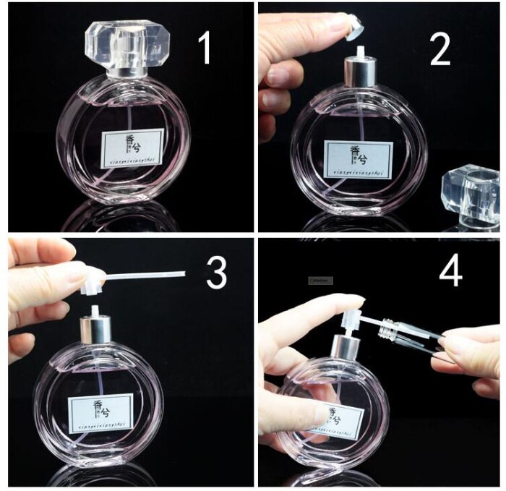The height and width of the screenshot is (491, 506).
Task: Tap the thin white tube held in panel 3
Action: [x=145, y=275]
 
